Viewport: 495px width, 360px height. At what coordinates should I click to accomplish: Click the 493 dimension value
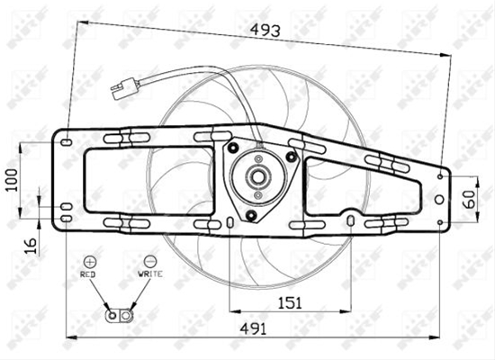(265, 31)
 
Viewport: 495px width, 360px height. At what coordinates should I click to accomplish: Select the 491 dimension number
(253, 329)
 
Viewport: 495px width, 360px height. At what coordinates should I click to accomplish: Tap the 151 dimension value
(290, 302)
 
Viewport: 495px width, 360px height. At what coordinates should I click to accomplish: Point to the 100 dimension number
(12, 180)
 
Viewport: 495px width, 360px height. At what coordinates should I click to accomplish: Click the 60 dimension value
(470, 199)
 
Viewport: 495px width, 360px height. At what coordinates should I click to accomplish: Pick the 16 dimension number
(31, 247)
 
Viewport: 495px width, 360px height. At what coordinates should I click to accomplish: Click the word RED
(87, 274)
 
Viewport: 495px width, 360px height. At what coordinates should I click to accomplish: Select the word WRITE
(150, 274)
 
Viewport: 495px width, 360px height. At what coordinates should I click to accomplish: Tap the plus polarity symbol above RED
(90, 262)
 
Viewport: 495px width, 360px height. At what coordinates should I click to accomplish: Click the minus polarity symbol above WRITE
(150, 261)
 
